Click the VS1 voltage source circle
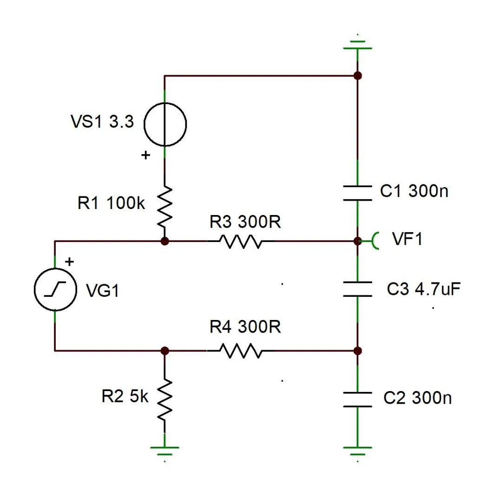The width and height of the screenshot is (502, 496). click(165, 124)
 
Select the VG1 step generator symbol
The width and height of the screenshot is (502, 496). click(55, 290)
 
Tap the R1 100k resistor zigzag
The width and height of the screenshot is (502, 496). click(165, 206)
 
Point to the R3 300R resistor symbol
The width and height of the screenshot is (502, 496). click(240, 241)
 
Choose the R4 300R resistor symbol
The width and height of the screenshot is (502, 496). click(240, 351)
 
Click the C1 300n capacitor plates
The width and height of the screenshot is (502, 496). click(357, 193)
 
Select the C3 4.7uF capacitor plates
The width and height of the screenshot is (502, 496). click(357, 289)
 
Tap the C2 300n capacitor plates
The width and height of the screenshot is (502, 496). click(357, 399)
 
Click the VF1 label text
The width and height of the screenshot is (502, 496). click(407, 239)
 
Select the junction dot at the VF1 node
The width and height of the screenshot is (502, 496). click(357, 241)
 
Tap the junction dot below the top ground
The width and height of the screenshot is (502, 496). click(357, 76)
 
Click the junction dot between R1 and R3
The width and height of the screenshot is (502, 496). click(165, 241)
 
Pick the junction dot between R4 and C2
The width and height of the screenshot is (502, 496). click(357, 351)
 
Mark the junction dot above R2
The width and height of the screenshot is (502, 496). click(165, 351)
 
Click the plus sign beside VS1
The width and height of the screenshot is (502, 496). click(146, 156)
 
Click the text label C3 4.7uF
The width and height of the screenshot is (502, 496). click(423, 289)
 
